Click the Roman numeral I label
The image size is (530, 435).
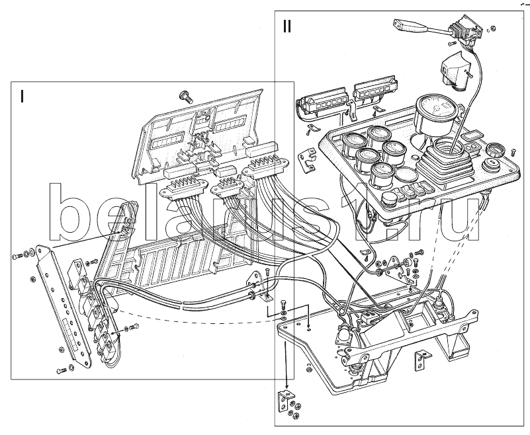click(x=22, y=96)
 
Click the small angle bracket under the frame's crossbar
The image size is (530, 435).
click(x=421, y=361)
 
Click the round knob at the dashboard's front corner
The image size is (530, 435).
click(x=492, y=165)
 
